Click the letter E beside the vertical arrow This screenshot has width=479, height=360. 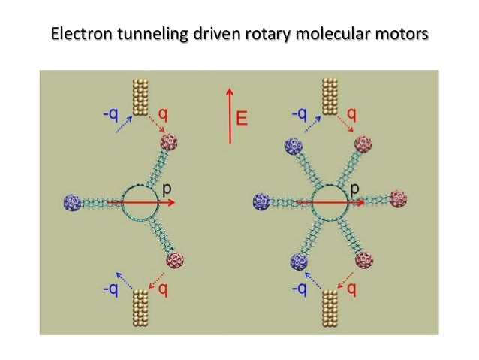[243, 117]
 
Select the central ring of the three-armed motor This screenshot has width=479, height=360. [139, 202]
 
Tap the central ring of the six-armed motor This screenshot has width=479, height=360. [327, 202]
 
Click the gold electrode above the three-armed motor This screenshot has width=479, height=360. [140, 96]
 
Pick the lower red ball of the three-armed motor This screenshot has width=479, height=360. [175, 261]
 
